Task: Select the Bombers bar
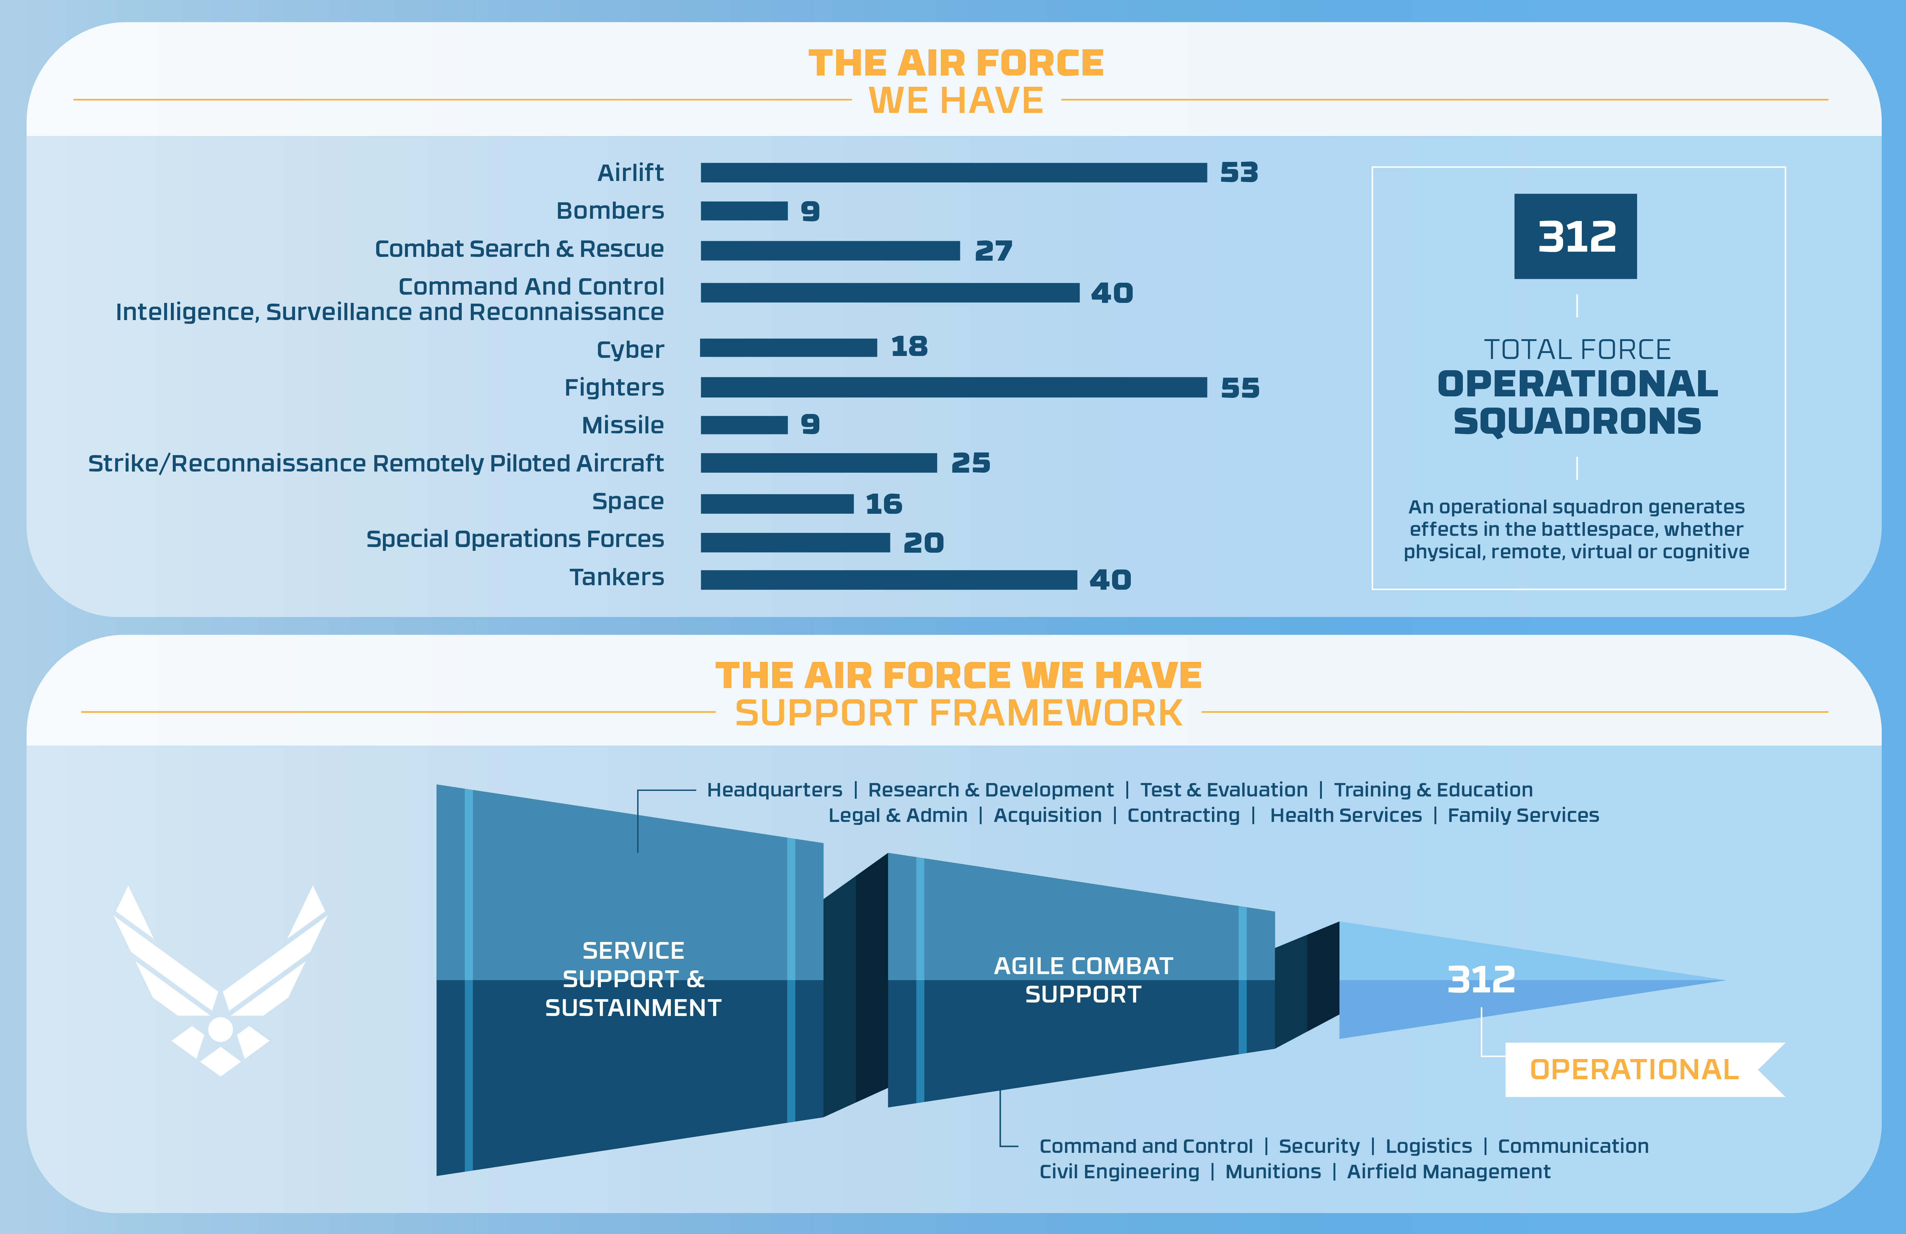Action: [744, 211]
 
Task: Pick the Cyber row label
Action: [630, 350]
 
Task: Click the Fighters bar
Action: [953, 387]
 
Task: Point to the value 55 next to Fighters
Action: [1240, 389]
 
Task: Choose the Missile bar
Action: [744, 425]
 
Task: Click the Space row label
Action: [628, 501]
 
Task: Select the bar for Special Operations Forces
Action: [795, 543]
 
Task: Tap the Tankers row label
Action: [617, 577]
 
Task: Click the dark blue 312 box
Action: [1575, 236]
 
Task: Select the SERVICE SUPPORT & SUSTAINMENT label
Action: [633, 979]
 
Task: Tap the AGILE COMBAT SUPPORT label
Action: [1083, 980]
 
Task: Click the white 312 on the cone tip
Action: [1481, 979]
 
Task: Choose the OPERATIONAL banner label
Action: [1634, 1070]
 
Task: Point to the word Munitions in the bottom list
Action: [1273, 1172]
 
